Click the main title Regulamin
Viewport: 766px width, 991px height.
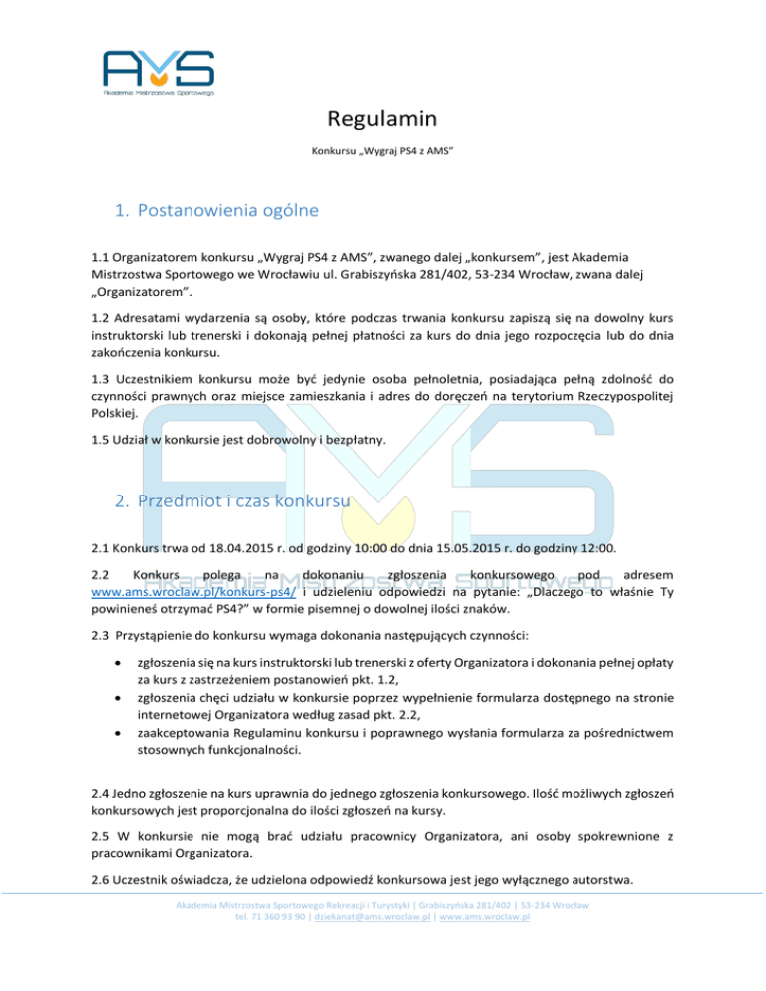[382, 120]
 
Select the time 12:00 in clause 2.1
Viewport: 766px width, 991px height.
[608, 547]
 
